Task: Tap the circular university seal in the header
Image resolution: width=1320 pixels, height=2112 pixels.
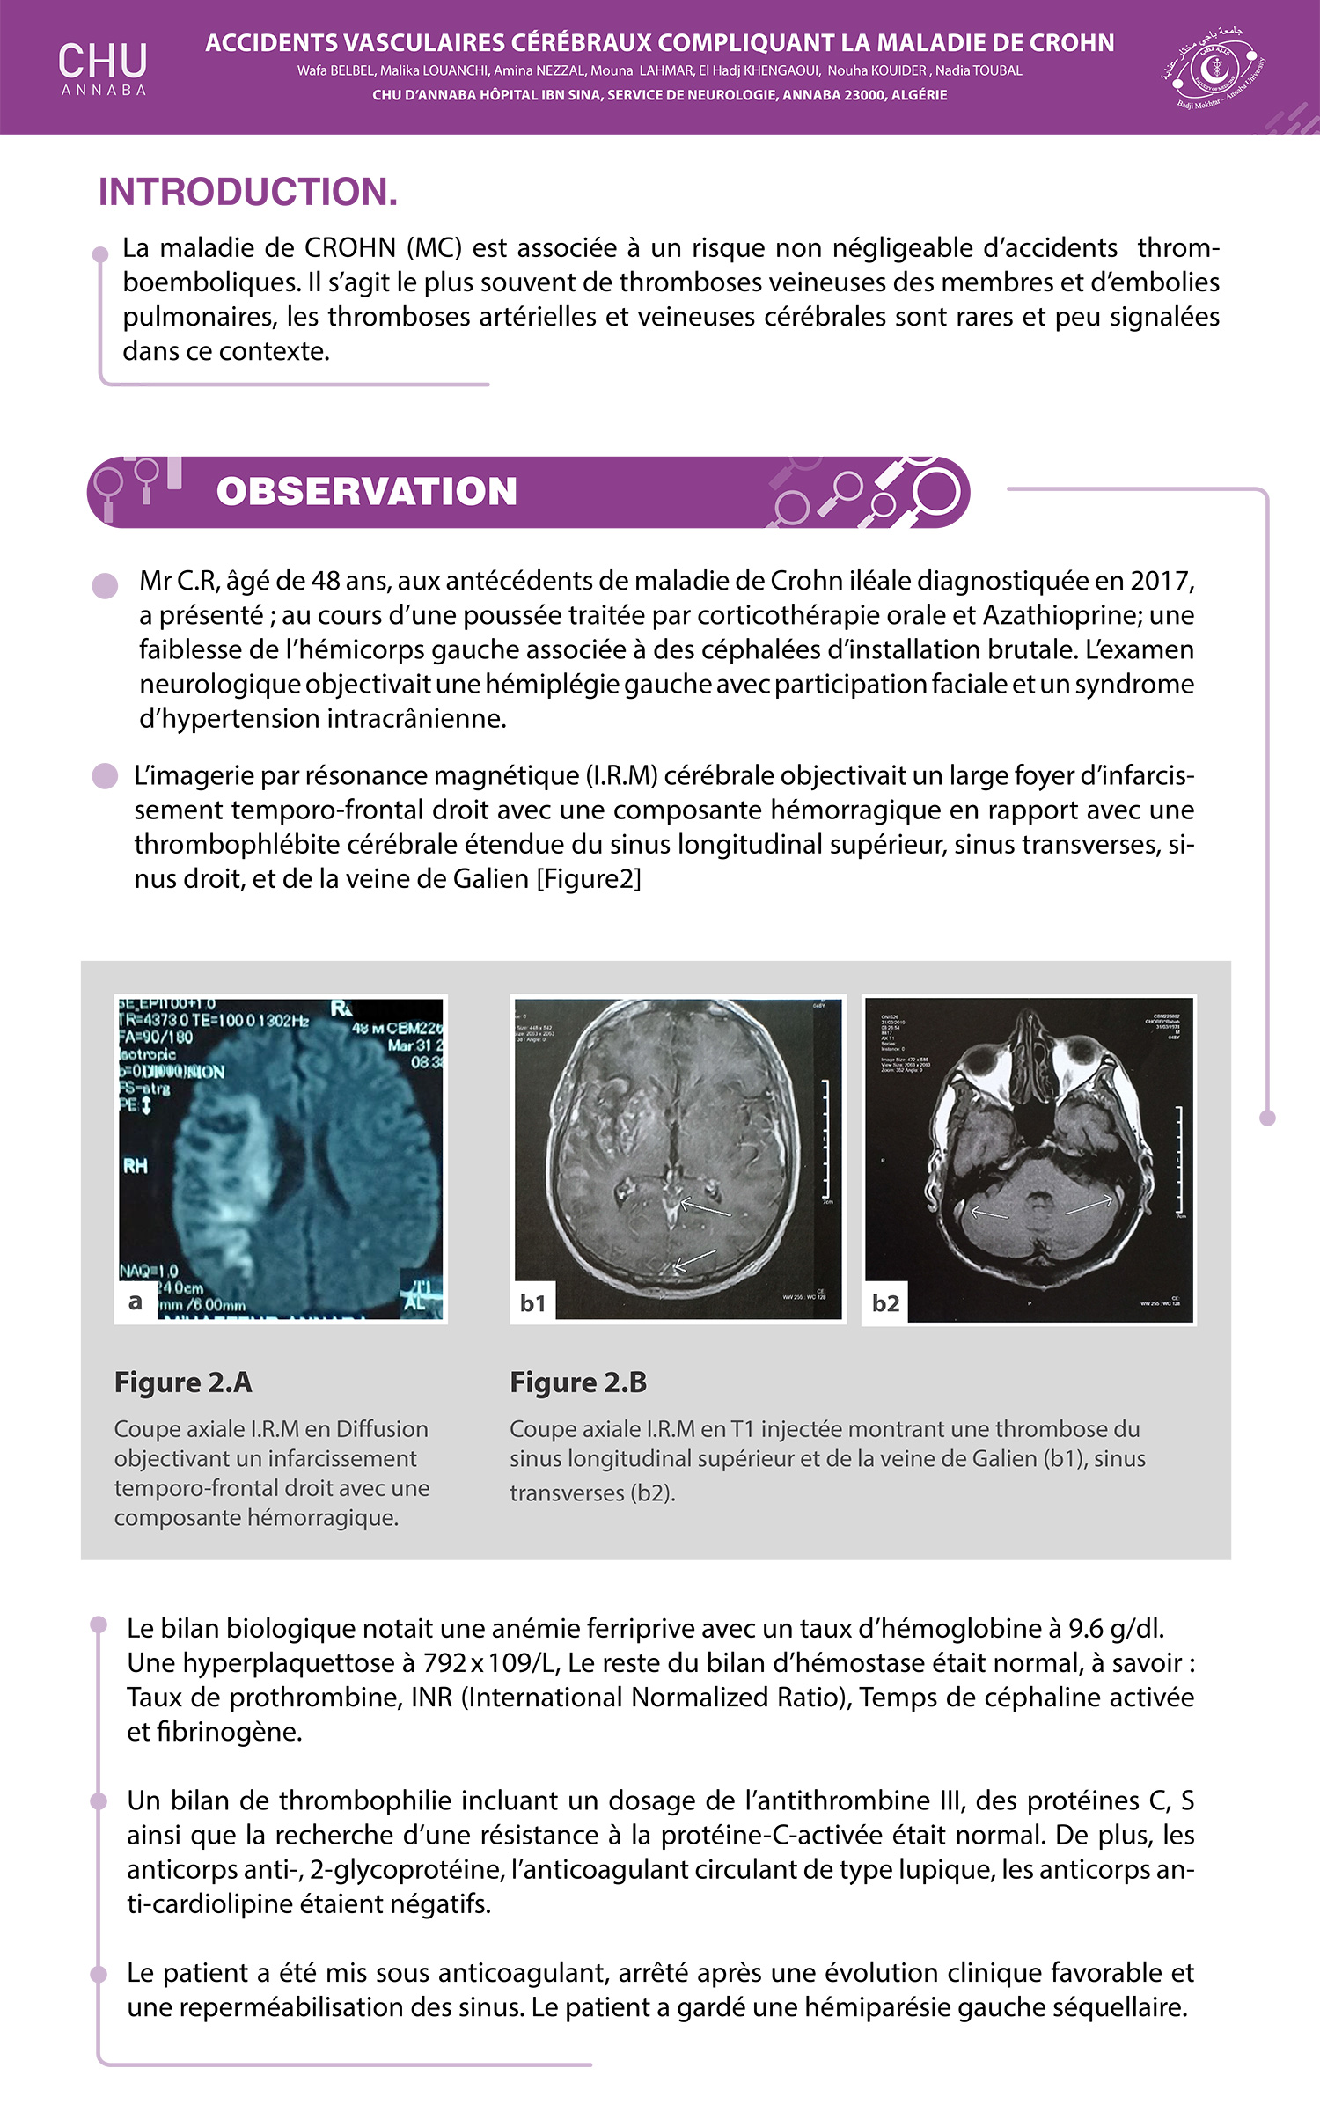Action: [1214, 68]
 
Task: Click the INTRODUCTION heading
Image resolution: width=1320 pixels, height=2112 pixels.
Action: [247, 192]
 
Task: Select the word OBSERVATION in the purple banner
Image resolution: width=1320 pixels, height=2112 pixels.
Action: [366, 492]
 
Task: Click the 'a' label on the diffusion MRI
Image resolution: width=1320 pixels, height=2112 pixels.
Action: [135, 1302]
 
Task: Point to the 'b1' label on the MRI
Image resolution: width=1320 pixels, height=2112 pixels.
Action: [532, 1303]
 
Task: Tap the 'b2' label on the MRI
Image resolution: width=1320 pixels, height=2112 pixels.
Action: [885, 1303]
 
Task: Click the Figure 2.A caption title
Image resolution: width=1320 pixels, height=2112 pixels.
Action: [183, 1382]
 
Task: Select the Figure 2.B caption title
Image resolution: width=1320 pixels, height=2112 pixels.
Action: [578, 1382]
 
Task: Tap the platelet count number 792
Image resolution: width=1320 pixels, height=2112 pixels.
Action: [444, 1663]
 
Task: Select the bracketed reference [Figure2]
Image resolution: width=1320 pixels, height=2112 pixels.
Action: [589, 879]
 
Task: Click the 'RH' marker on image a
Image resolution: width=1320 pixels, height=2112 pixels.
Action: [136, 1166]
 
